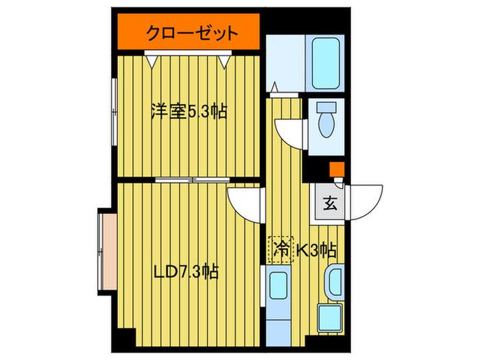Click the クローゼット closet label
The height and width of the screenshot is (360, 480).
(x=192, y=33)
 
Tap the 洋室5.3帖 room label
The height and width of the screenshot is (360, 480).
(x=189, y=112)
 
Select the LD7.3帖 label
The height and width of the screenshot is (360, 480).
(x=186, y=272)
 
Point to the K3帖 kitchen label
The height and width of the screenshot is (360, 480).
(x=317, y=250)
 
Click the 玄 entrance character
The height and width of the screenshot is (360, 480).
(x=331, y=203)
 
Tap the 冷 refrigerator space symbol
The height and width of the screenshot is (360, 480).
(x=281, y=250)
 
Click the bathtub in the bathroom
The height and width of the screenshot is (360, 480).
(x=326, y=63)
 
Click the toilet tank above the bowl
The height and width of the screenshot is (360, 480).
(x=326, y=107)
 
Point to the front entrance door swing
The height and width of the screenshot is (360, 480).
(x=364, y=202)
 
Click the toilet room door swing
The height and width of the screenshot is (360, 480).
(x=291, y=134)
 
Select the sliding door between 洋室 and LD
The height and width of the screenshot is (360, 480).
(x=192, y=180)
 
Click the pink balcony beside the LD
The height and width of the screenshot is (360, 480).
(x=108, y=252)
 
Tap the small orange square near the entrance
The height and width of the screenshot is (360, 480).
(x=337, y=169)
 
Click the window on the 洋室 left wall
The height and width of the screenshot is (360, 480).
(x=115, y=112)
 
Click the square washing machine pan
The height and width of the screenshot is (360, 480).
(x=330, y=317)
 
